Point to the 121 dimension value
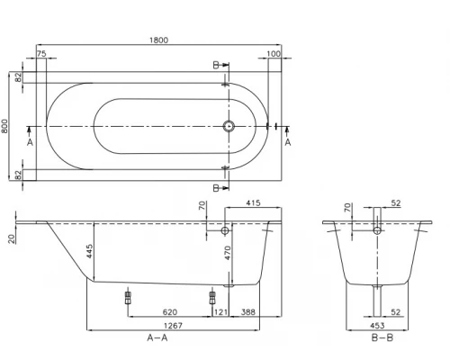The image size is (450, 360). [x=220, y=311]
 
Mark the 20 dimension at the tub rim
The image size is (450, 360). [x=10, y=238]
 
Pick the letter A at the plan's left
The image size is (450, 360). [x=31, y=142]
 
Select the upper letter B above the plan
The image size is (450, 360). [x=215, y=65]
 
